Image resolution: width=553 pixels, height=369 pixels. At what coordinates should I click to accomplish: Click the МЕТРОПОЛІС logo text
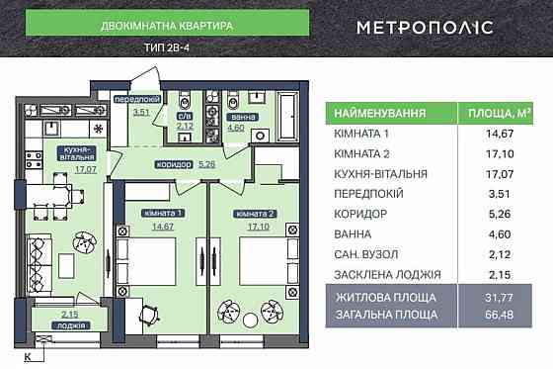[437, 27]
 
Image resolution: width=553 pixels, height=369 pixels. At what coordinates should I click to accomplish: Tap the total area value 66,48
[501, 314]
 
